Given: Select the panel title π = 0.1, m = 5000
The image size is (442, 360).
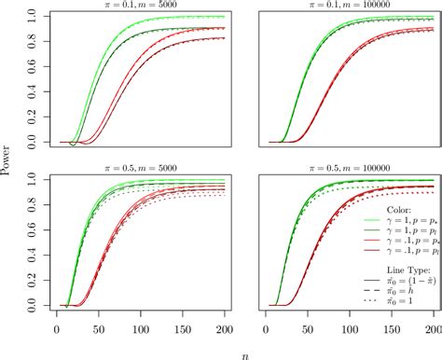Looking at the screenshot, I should click(141, 7).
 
